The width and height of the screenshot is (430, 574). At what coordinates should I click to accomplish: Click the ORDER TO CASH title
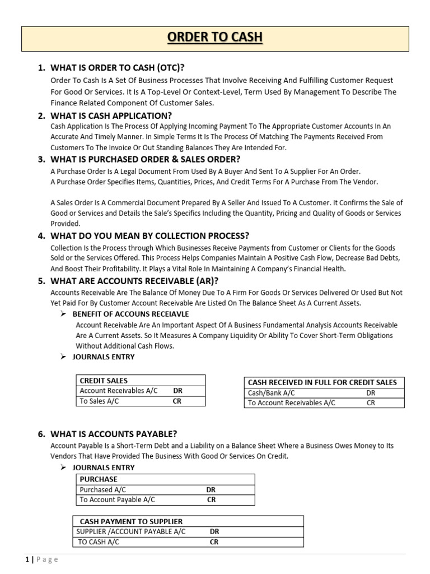216,38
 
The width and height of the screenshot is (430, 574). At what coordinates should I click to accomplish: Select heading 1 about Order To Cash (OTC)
117,68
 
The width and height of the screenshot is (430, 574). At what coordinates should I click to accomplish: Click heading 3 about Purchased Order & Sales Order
145,159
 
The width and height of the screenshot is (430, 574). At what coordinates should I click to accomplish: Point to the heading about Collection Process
149,235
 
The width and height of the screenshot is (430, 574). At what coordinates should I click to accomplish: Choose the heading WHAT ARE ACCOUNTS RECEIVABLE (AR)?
134,281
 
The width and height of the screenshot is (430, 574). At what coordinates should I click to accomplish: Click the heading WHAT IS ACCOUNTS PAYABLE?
114,434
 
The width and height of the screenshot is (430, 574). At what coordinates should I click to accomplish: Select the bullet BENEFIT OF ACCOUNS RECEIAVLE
131,314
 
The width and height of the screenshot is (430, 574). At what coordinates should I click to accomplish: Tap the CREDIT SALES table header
104,381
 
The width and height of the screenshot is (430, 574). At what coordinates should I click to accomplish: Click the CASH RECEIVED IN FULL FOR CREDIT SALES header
322,382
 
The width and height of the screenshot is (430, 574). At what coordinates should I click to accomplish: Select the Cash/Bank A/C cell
271,393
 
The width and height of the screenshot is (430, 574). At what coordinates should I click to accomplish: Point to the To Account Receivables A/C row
291,402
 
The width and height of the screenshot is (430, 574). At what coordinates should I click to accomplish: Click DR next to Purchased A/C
211,489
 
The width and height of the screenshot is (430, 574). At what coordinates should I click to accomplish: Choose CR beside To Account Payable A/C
211,499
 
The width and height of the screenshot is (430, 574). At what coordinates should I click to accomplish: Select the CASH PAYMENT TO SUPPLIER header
131,521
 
